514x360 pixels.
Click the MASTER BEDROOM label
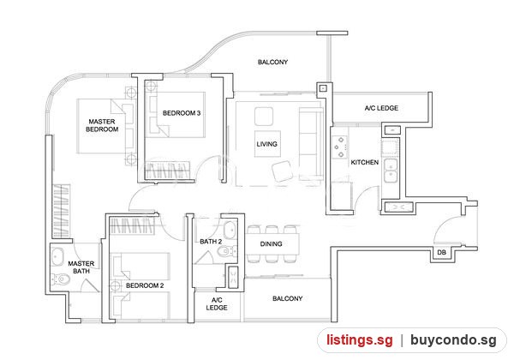102,125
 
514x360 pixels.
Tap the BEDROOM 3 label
182,113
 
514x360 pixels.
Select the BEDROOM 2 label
145,285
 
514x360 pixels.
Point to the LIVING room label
266,144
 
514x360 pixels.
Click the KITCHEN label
365,162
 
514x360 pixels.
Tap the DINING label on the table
271,244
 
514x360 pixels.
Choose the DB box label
441,253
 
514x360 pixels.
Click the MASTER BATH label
81,267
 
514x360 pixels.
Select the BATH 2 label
211,242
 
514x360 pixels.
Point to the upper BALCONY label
272,62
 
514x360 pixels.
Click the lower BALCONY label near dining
288,298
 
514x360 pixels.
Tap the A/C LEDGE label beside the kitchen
381,108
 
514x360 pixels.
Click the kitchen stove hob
339,147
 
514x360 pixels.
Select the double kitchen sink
391,171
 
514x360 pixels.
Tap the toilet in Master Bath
61,279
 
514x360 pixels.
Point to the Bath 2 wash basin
230,231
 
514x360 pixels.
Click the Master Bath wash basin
57,257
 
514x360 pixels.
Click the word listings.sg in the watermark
359,340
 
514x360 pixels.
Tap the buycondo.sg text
453,340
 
